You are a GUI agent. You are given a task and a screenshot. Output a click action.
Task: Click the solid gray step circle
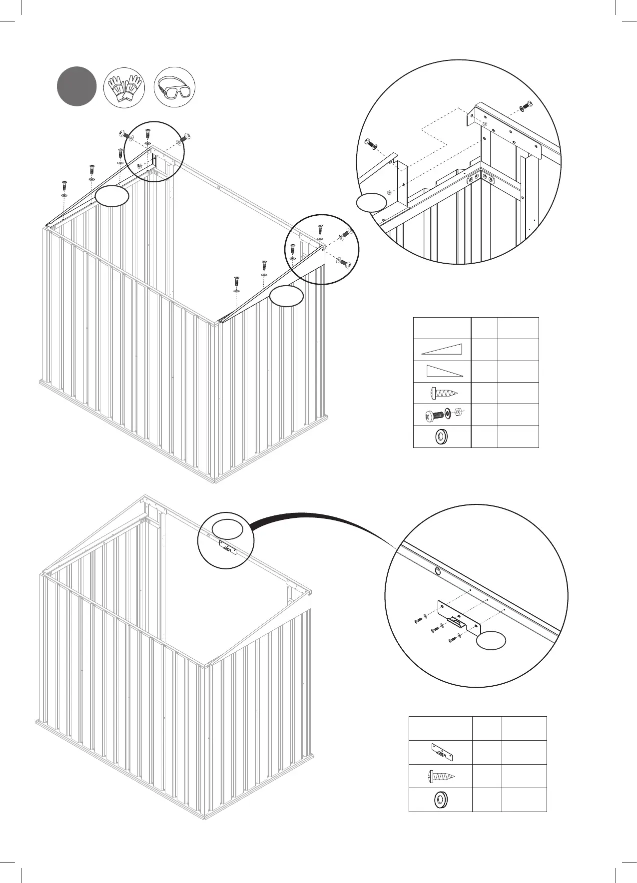coord(76,86)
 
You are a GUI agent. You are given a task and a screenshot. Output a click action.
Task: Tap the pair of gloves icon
coord(123,87)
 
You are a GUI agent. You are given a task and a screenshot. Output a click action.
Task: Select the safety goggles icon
coord(174,87)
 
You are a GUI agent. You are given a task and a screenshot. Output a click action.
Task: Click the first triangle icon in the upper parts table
coord(442,349)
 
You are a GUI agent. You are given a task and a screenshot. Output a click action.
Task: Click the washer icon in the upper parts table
coord(441,437)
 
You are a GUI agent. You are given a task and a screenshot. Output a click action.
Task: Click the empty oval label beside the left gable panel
coord(112,196)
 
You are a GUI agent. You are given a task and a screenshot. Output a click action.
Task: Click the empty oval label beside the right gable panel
coord(286,296)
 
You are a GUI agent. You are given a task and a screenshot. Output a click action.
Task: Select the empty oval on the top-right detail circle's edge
coord(371,203)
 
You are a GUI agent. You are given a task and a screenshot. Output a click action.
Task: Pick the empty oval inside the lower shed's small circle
coord(227,528)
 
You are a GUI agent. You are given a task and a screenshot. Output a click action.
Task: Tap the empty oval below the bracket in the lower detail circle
coord(491,641)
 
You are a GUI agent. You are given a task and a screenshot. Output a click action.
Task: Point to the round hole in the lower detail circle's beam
coord(438,571)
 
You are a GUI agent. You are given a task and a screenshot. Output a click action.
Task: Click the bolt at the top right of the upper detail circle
coord(526,106)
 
